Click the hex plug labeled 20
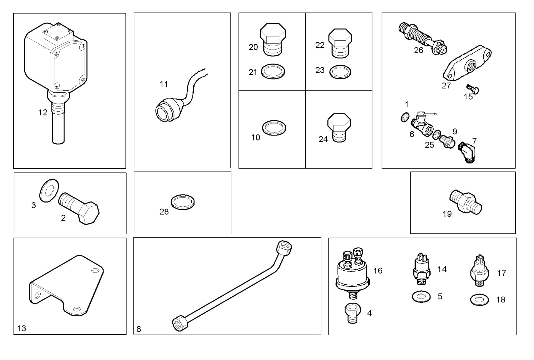[273, 39]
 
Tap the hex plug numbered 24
[339, 128]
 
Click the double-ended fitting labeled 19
[466, 202]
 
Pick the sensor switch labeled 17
[479, 270]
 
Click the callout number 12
[43, 112]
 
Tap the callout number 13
[21, 328]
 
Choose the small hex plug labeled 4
[353, 313]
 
